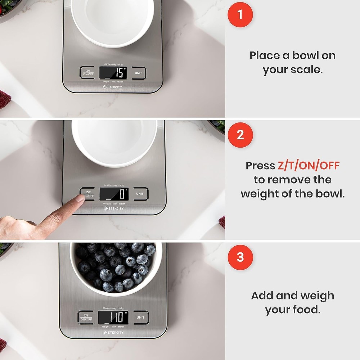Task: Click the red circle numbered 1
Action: (240, 15)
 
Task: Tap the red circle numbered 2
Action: (240, 135)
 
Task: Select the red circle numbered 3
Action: (240, 257)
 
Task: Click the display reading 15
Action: (113, 73)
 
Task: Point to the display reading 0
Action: (114, 194)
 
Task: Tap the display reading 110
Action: (113, 317)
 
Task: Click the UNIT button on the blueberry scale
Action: (140, 317)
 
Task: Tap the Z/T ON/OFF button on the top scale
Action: (87, 72)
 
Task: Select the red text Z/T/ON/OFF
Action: (309, 166)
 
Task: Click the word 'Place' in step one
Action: (265, 55)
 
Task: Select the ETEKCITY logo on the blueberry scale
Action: (113, 333)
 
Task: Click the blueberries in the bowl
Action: (115, 266)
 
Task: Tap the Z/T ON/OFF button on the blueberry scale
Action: (86, 317)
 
